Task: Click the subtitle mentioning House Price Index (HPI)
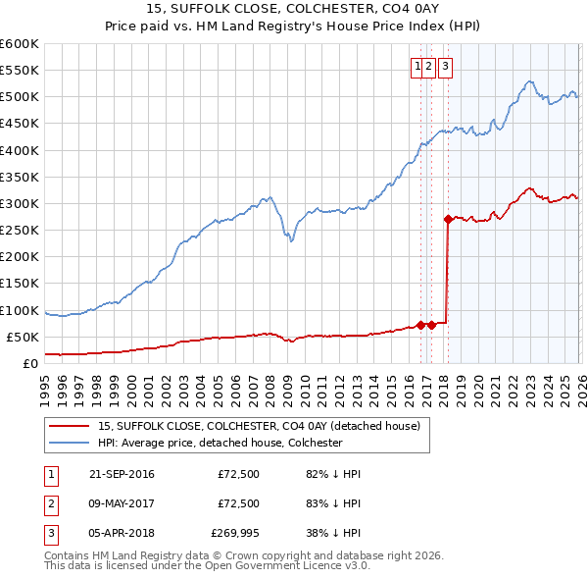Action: tap(294, 26)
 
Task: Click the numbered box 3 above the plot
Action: tap(445, 67)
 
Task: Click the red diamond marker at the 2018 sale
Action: tap(448, 220)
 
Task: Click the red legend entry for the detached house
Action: tap(259, 426)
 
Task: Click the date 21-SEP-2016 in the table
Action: tap(122, 474)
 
